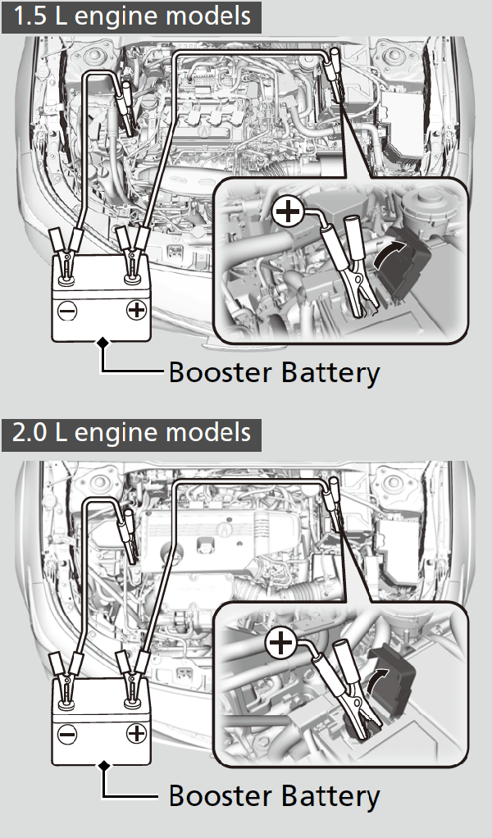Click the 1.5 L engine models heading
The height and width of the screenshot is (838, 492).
131,16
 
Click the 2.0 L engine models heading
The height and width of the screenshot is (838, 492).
131,432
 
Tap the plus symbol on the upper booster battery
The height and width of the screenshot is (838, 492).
136,311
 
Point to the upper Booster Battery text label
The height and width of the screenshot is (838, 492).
274,373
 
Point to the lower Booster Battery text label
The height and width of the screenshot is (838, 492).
274,795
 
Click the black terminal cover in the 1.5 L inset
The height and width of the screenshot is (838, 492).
410,271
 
